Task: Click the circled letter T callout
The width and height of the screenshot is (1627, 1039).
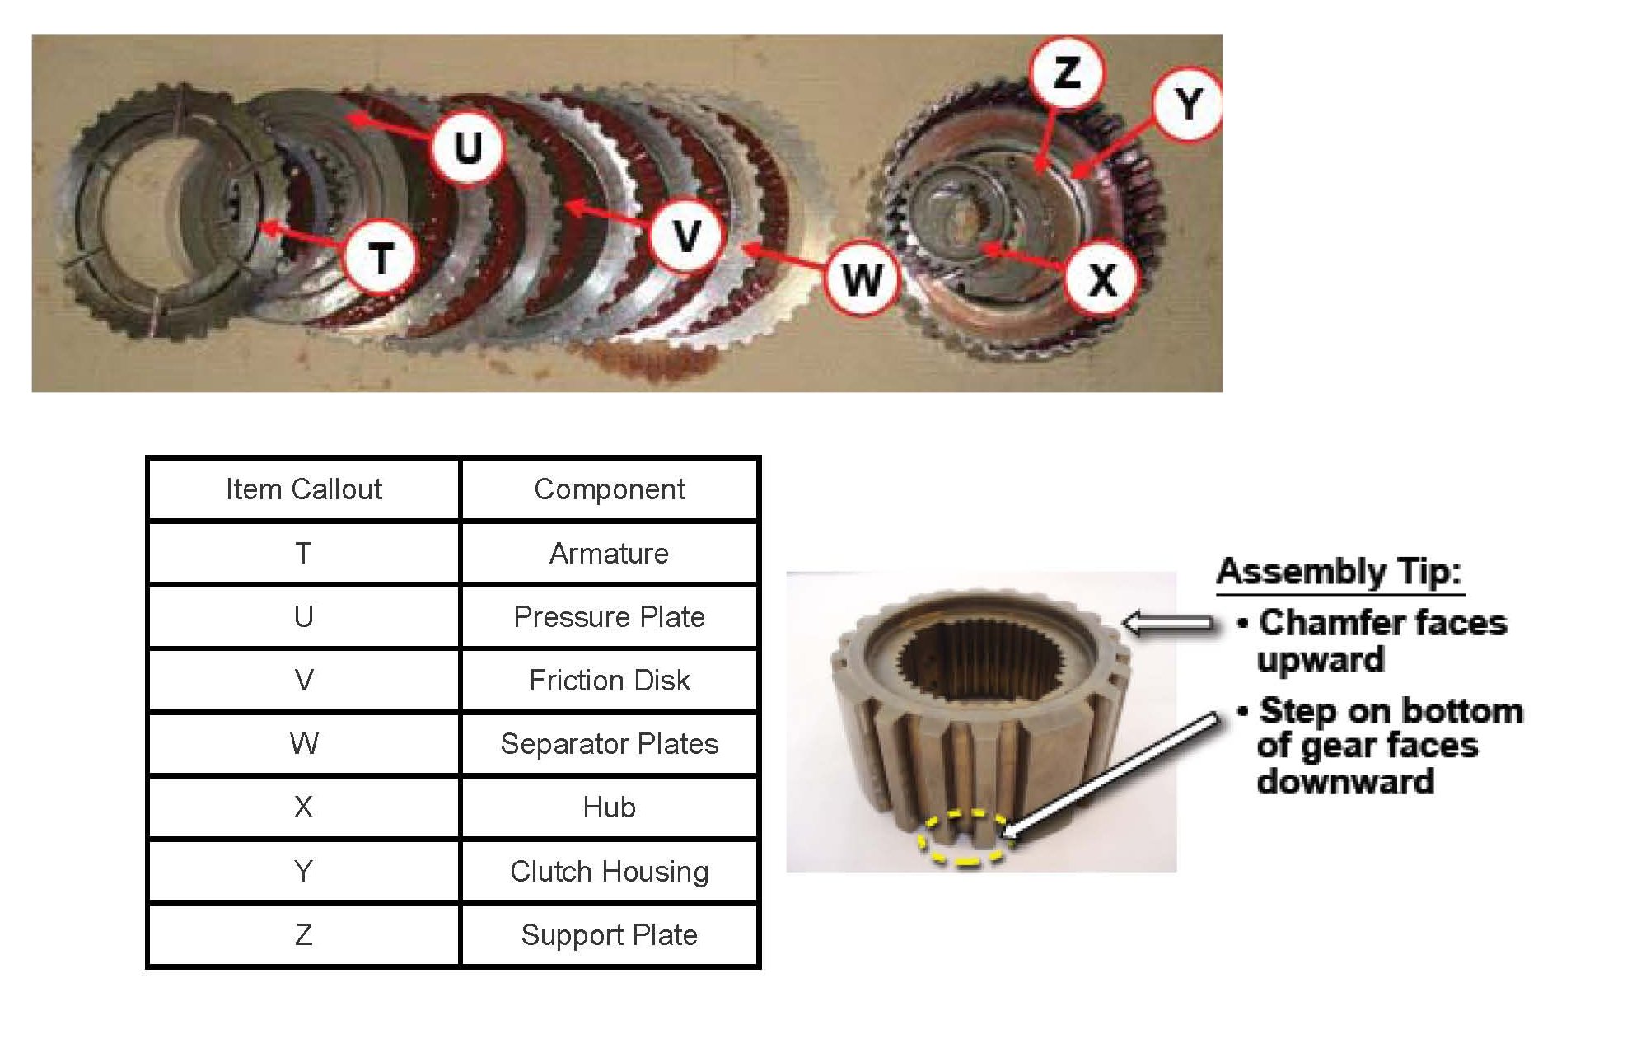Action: [x=380, y=258]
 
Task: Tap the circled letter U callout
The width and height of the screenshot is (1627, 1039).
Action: [x=468, y=147]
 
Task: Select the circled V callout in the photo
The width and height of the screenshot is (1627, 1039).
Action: [x=686, y=236]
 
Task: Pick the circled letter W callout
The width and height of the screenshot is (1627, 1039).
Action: [x=862, y=279]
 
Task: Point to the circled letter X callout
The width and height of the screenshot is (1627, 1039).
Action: [x=1102, y=278]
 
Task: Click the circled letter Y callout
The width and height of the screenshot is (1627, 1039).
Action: [x=1187, y=105]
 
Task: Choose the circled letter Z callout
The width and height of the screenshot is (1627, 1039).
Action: [x=1067, y=73]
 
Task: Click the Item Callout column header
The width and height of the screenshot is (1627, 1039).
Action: [x=304, y=489]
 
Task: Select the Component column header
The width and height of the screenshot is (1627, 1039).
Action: [x=609, y=489]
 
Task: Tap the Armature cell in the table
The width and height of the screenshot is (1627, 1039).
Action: [x=609, y=553]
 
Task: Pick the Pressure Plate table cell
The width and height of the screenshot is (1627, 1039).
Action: [x=609, y=616]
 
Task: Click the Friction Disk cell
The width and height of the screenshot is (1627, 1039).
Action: [x=609, y=680]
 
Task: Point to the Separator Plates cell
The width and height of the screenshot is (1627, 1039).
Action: [x=609, y=743]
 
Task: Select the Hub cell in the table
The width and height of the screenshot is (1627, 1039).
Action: [x=609, y=807]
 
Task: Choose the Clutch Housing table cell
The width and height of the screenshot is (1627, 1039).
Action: [x=609, y=871]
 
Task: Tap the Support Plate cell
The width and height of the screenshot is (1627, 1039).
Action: [x=609, y=934]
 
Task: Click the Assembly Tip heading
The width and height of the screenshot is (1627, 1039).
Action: [x=1339, y=571]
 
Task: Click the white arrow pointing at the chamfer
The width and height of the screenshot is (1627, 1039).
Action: [x=1168, y=624]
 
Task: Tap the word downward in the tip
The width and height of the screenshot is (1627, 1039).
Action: [x=1345, y=781]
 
